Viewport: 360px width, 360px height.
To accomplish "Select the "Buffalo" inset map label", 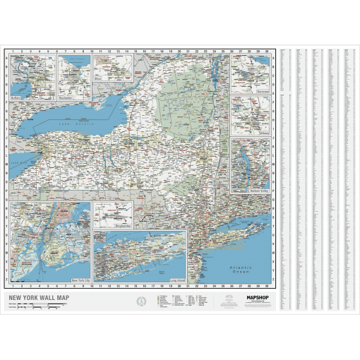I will [x=16, y=98].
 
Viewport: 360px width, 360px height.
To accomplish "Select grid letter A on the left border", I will [x=6, y=59].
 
